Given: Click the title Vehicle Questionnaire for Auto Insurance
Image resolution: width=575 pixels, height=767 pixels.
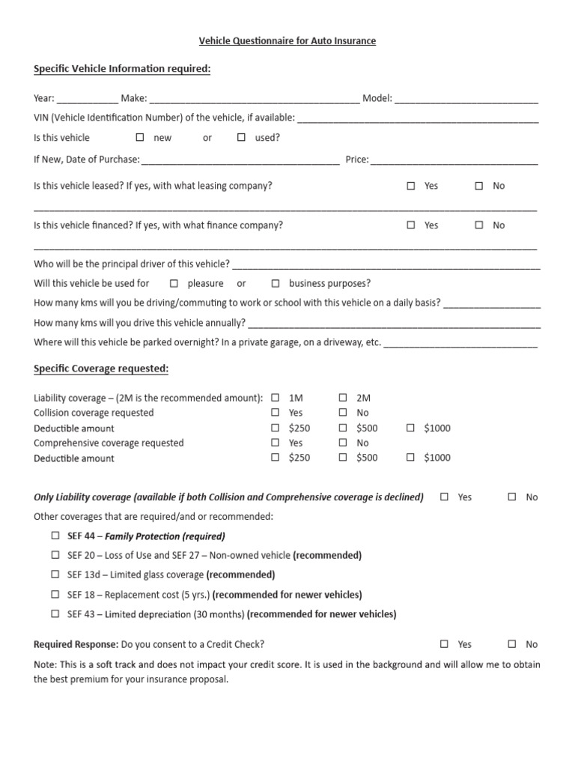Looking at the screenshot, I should click(287, 41).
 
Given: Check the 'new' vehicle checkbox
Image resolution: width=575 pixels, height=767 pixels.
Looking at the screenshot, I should click(140, 137).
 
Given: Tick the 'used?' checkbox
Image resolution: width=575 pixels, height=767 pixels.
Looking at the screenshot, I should click(241, 137).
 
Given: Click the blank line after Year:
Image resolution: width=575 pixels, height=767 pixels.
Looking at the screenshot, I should click(87, 98).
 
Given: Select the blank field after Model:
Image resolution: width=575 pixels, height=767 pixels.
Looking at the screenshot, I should click(466, 98).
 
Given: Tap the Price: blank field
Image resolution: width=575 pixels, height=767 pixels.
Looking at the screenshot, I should click(454, 160).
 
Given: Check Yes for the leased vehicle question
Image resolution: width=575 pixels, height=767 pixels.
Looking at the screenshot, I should click(411, 186).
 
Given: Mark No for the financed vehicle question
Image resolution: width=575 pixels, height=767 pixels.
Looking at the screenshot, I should click(479, 225).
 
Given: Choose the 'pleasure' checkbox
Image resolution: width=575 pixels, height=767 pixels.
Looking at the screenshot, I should click(174, 283).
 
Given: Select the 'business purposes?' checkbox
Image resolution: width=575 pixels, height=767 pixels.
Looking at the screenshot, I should click(275, 283).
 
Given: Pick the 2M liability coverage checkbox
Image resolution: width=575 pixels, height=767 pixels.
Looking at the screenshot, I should click(343, 398).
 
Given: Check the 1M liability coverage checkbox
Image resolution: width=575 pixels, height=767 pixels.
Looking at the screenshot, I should click(275, 398).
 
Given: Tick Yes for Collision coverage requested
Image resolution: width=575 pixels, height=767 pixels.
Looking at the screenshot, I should click(275, 413).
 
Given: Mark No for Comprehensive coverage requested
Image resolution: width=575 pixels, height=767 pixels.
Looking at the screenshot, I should click(343, 443).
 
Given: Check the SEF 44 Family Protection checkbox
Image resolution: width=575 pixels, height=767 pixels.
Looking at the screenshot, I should click(55, 536).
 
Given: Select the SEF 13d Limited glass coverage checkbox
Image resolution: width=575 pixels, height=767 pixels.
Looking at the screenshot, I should click(55, 575).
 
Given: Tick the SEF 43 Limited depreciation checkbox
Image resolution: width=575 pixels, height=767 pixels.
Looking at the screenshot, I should click(55, 613).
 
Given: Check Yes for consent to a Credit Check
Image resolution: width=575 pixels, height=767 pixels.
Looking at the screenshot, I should click(445, 643).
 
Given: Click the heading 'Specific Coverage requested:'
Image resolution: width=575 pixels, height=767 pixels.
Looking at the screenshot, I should click(101, 369).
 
